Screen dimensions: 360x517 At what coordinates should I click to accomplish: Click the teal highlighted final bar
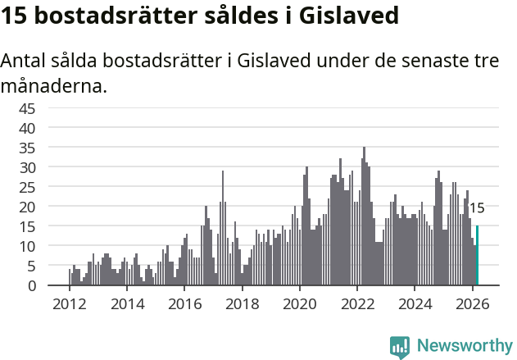click(x=477, y=256)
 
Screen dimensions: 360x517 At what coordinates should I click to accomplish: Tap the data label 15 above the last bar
click(x=477, y=208)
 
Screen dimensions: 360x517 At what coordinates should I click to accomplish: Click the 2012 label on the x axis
click(x=69, y=303)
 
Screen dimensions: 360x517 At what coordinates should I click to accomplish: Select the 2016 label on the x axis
click(x=184, y=303)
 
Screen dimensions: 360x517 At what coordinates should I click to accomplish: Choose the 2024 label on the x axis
click(x=415, y=303)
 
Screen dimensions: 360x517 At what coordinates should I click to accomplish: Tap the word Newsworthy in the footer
click(x=465, y=346)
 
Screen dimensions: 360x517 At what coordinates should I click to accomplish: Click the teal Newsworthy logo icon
click(x=400, y=347)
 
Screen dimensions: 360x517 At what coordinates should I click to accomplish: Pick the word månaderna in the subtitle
click(x=54, y=85)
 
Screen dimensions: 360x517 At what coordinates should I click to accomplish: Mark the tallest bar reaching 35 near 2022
click(x=364, y=216)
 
